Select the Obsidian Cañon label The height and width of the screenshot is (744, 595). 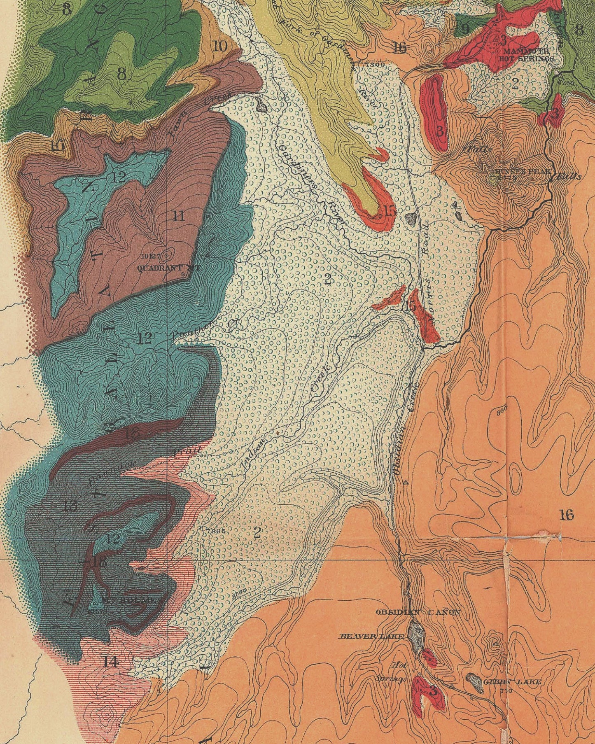point(418,612)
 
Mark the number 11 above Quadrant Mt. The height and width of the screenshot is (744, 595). point(178,215)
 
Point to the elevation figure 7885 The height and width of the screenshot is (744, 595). point(217,531)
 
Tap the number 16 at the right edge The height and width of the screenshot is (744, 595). point(567,514)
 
